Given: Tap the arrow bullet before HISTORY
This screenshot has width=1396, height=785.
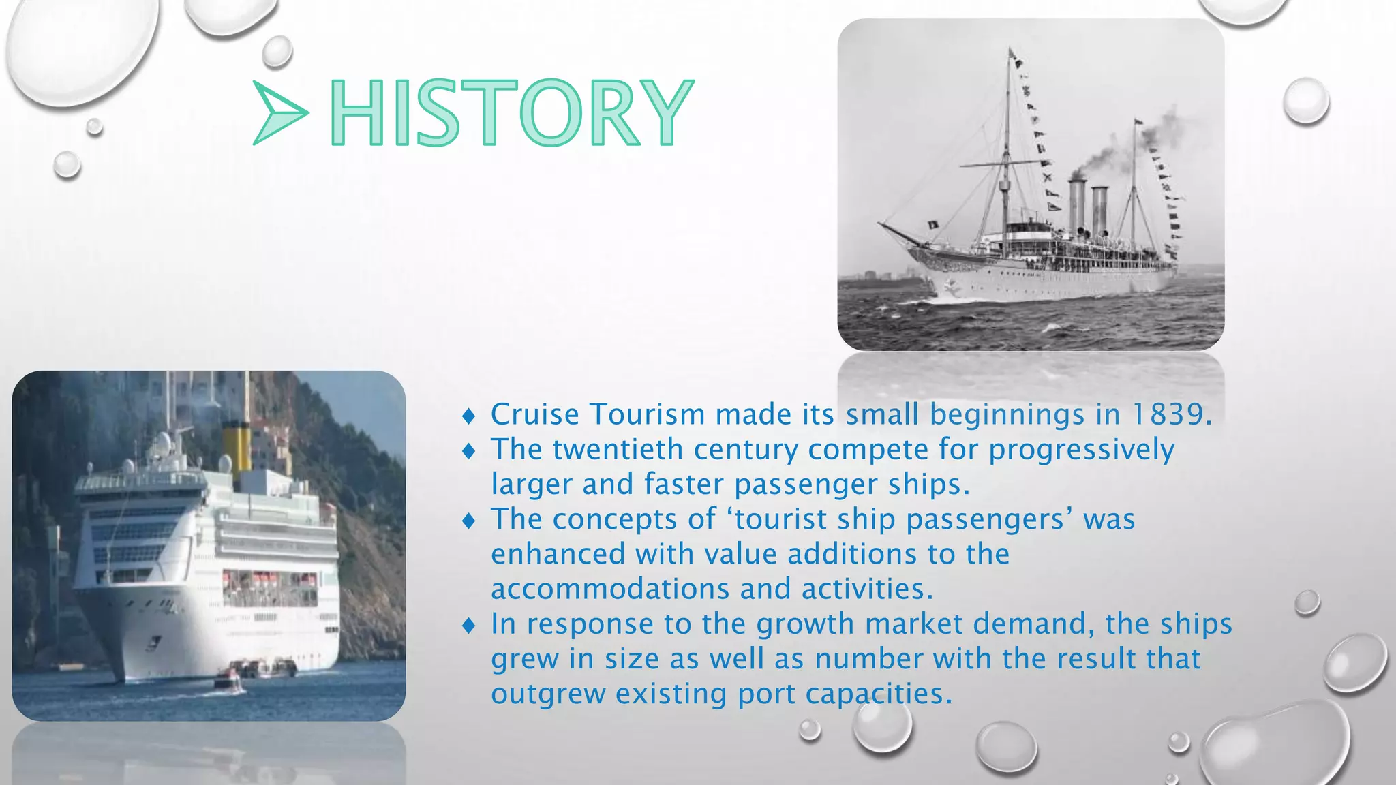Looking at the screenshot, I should click(x=279, y=112).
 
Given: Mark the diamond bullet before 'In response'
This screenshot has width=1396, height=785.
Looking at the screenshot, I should click(x=468, y=625).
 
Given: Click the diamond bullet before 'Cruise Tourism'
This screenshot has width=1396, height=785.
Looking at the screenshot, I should click(x=468, y=415).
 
